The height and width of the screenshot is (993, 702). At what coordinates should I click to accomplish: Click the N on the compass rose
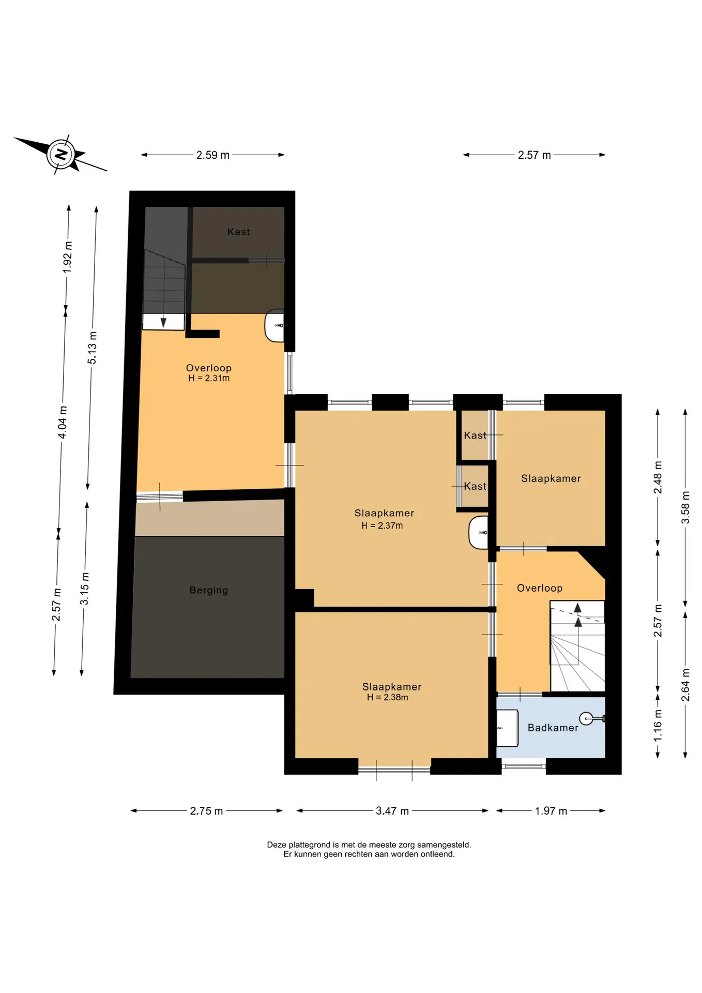[x=62, y=154]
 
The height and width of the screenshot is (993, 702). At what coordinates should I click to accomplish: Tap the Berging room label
[x=208, y=590]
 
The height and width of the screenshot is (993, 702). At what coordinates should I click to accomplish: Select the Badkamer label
[x=553, y=728]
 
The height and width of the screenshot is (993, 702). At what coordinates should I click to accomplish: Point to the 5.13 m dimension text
[x=92, y=348]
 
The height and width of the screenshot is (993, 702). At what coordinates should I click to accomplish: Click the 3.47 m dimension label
[x=392, y=811]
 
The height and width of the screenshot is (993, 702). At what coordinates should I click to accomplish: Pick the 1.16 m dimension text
[x=658, y=725]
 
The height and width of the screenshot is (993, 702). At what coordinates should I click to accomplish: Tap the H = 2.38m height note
[x=388, y=697]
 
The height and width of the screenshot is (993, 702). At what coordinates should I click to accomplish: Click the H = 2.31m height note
[x=209, y=378]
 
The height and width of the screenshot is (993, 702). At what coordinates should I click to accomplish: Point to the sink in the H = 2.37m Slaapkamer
[x=479, y=532]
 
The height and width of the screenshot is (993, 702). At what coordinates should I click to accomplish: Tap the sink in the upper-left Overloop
[x=274, y=326]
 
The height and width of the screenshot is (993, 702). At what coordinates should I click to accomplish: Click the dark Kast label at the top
[x=239, y=232]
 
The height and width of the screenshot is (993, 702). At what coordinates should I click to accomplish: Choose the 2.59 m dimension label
[x=213, y=155]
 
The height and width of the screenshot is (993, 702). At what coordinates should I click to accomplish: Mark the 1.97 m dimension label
[x=551, y=811]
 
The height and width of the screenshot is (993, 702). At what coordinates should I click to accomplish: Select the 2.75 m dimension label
[x=206, y=811]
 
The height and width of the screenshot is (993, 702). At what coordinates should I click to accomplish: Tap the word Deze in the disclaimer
[x=277, y=845]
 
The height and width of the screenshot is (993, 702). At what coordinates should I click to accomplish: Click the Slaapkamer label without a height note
[x=551, y=478]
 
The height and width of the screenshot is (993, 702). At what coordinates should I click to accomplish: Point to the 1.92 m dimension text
[x=68, y=258]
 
